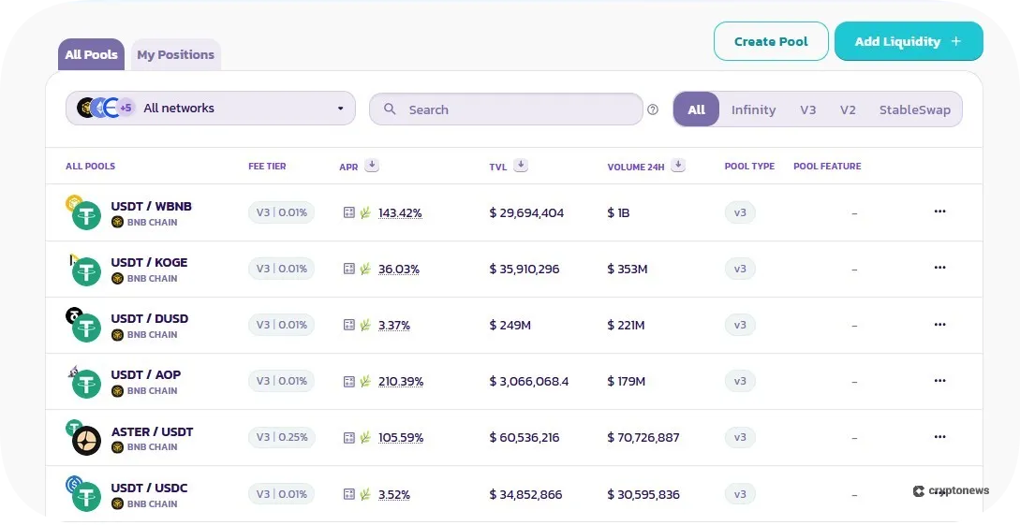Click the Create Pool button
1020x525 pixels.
pyautogui.click(x=771, y=41)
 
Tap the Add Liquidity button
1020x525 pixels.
pyautogui.click(x=908, y=41)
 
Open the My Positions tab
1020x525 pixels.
pyautogui.click(x=175, y=54)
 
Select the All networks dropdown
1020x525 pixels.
pyautogui.click(x=211, y=109)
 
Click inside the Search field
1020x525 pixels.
pyautogui.click(x=506, y=109)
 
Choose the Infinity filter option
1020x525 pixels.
pyautogui.click(x=753, y=109)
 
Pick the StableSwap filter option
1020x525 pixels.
pyautogui.click(x=914, y=109)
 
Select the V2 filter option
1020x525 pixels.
pyautogui.click(x=848, y=109)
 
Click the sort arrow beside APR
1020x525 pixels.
pyautogui.click(x=372, y=166)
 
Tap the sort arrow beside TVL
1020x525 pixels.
pyautogui.click(x=521, y=166)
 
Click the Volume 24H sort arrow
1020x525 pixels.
pyautogui.click(x=678, y=166)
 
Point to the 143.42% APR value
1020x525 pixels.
pyautogui.click(x=400, y=213)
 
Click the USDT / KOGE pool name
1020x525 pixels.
pyautogui.click(x=149, y=262)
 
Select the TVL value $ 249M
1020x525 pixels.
pyautogui.click(x=510, y=326)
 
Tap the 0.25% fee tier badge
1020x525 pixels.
pyautogui.click(x=281, y=437)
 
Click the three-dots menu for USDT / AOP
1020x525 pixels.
pyautogui.click(x=939, y=381)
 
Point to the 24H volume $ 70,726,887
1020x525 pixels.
pyautogui.click(x=643, y=438)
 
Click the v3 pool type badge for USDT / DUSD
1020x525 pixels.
pyautogui.click(x=740, y=325)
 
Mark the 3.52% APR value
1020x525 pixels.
pyautogui.click(x=393, y=494)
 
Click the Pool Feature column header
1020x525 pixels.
pyautogui.click(x=827, y=167)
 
